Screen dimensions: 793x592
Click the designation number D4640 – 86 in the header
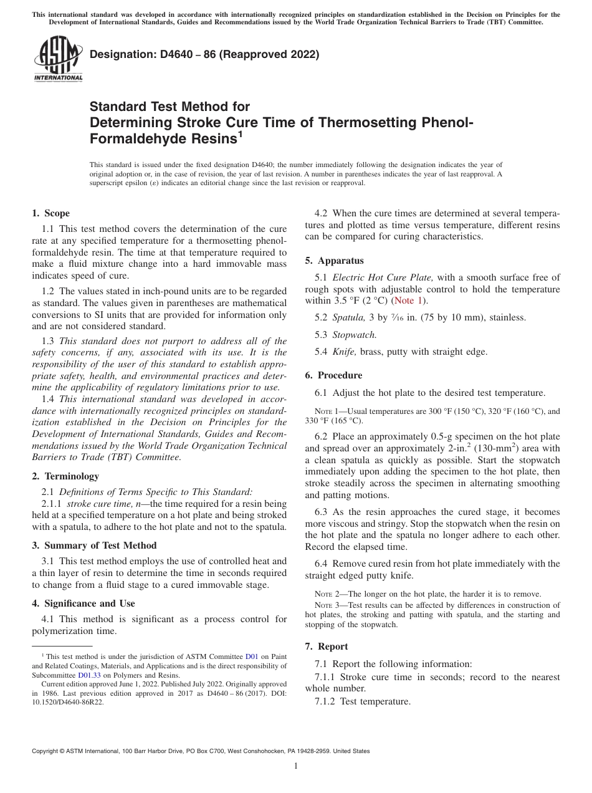(204, 54)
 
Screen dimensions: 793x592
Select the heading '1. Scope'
(50, 213)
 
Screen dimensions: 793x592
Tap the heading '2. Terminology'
(65, 476)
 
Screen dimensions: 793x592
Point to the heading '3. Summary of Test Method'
(94, 545)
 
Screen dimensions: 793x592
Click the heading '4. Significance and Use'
(83, 603)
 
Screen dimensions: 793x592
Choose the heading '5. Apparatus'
(334, 261)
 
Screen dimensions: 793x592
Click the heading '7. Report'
(327, 646)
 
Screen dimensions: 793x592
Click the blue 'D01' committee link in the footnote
(252, 656)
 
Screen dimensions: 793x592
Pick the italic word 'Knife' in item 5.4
(344, 352)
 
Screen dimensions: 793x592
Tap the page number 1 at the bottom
(295, 766)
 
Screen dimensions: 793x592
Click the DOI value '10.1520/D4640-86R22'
(68, 702)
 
